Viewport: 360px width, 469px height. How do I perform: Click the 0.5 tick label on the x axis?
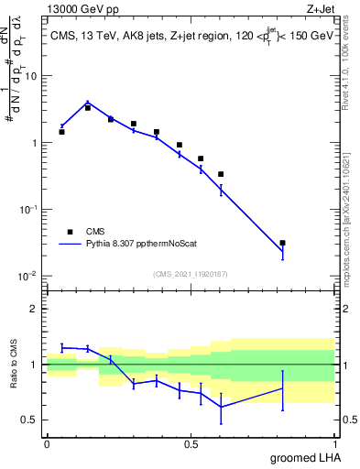[x=191, y=444]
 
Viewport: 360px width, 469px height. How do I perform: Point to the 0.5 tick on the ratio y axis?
[x=31, y=420]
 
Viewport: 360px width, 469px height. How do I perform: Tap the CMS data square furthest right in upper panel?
[x=282, y=243]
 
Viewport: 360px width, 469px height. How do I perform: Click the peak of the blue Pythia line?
[x=87, y=103]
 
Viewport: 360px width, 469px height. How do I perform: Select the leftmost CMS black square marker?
[x=61, y=132]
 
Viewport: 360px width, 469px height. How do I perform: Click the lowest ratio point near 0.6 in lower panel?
[x=221, y=407]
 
